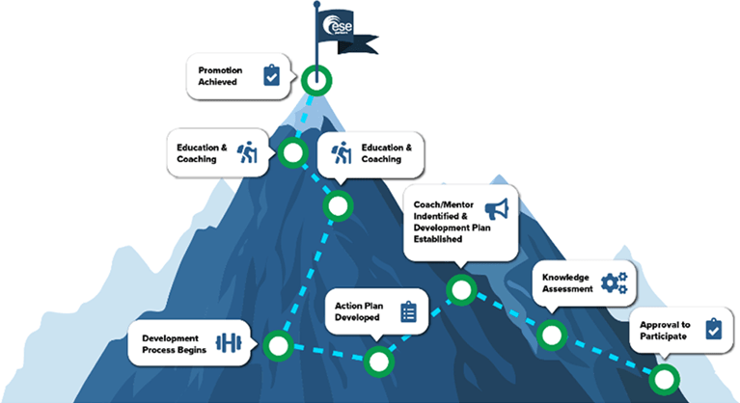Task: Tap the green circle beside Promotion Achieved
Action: (x=315, y=80)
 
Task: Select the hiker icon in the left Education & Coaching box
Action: (x=249, y=153)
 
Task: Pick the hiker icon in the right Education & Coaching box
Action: (x=341, y=153)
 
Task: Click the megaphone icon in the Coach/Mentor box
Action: (x=496, y=207)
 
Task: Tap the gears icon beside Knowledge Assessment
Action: (x=614, y=282)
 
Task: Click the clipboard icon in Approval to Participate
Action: (x=712, y=329)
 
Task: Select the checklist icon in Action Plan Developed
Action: (x=408, y=310)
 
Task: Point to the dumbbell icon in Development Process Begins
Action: (x=229, y=343)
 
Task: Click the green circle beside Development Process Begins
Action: (x=278, y=344)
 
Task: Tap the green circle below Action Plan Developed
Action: (x=380, y=362)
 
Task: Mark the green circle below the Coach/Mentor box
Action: (x=461, y=288)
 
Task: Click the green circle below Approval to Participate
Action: (x=663, y=378)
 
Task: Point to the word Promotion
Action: (x=221, y=70)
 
